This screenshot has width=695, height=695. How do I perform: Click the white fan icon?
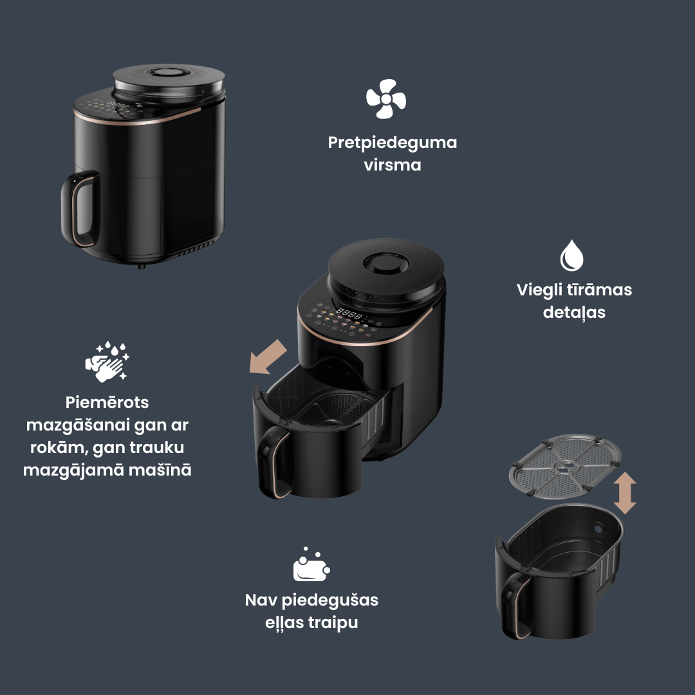click(385, 99)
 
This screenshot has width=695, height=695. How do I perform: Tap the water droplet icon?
click(571, 255)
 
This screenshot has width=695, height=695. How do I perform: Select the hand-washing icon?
click(107, 362)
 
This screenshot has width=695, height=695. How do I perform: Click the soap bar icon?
click(311, 564)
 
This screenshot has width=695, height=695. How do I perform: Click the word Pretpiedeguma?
click(393, 143)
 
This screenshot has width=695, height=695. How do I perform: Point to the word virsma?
click(393, 165)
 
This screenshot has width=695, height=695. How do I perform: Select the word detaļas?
click(574, 313)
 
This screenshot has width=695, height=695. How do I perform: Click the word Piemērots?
click(107, 402)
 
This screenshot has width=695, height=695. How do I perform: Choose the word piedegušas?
click(329, 600)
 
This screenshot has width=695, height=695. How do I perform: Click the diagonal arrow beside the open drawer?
click(268, 357)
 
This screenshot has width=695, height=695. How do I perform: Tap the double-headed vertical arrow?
click(625, 493)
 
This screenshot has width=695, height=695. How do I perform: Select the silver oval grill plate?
click(565, 467)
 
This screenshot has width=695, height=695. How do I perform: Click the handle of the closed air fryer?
click(79, 208)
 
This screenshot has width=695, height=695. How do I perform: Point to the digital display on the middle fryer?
click(349, 314)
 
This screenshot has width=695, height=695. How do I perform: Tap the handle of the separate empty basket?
click(514, 605)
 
